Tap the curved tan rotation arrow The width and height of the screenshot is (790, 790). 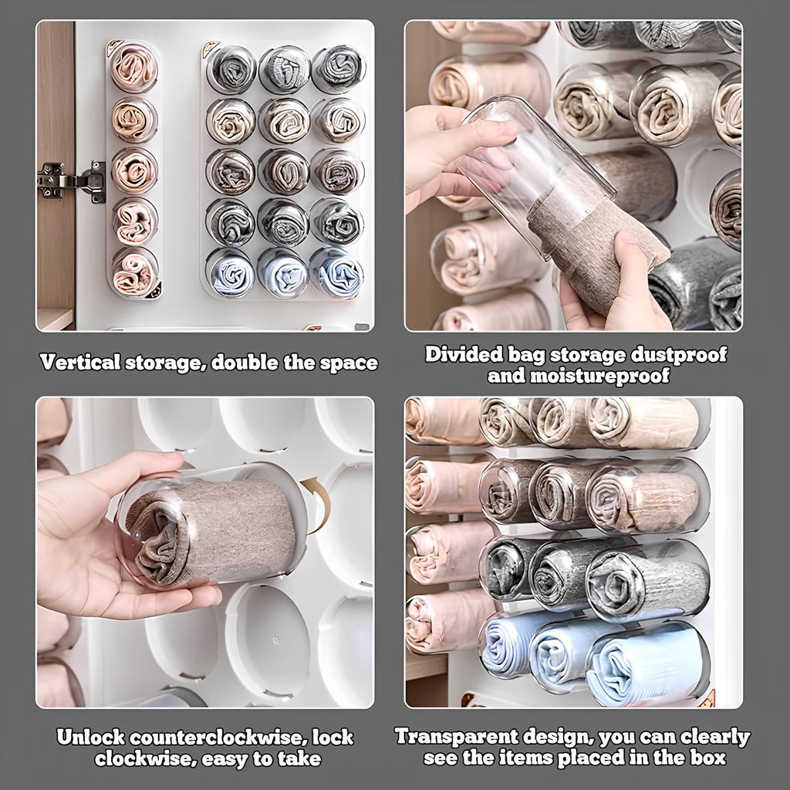point(318,501)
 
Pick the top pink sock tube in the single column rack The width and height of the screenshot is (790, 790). point(134,67)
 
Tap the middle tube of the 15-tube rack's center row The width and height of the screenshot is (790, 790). point(283,171)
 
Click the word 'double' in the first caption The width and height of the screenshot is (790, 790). point(245,363)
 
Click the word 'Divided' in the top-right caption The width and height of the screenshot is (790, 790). point(464,355)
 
